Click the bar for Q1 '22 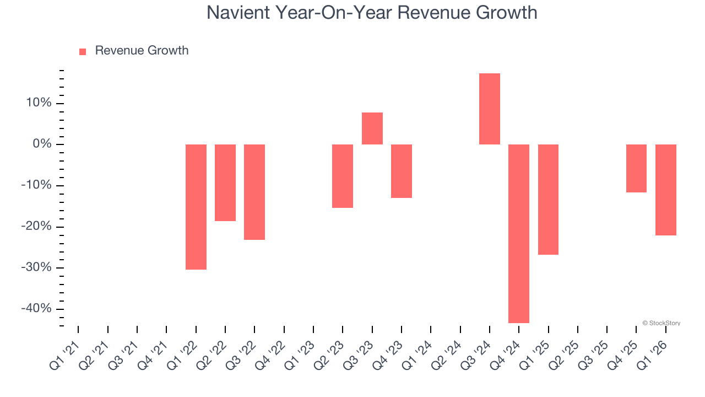tap(196, 207)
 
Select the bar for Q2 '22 tap(225, 183)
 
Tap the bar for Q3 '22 tap(254, 192)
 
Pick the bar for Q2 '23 tap(343, 176)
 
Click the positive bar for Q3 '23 tap(372, 128)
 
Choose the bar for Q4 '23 tap(402, 171)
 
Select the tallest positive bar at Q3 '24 tap(490, 109)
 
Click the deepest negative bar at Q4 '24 tap(519, 233)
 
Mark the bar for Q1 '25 tap(548, 199)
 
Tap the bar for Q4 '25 tap(636, 168)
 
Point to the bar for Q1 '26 tap(665, 190)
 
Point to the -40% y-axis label tap(36, 309)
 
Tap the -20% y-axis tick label tap(36, 227)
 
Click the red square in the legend tap(83, 52)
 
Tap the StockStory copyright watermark tap(661, 323)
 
